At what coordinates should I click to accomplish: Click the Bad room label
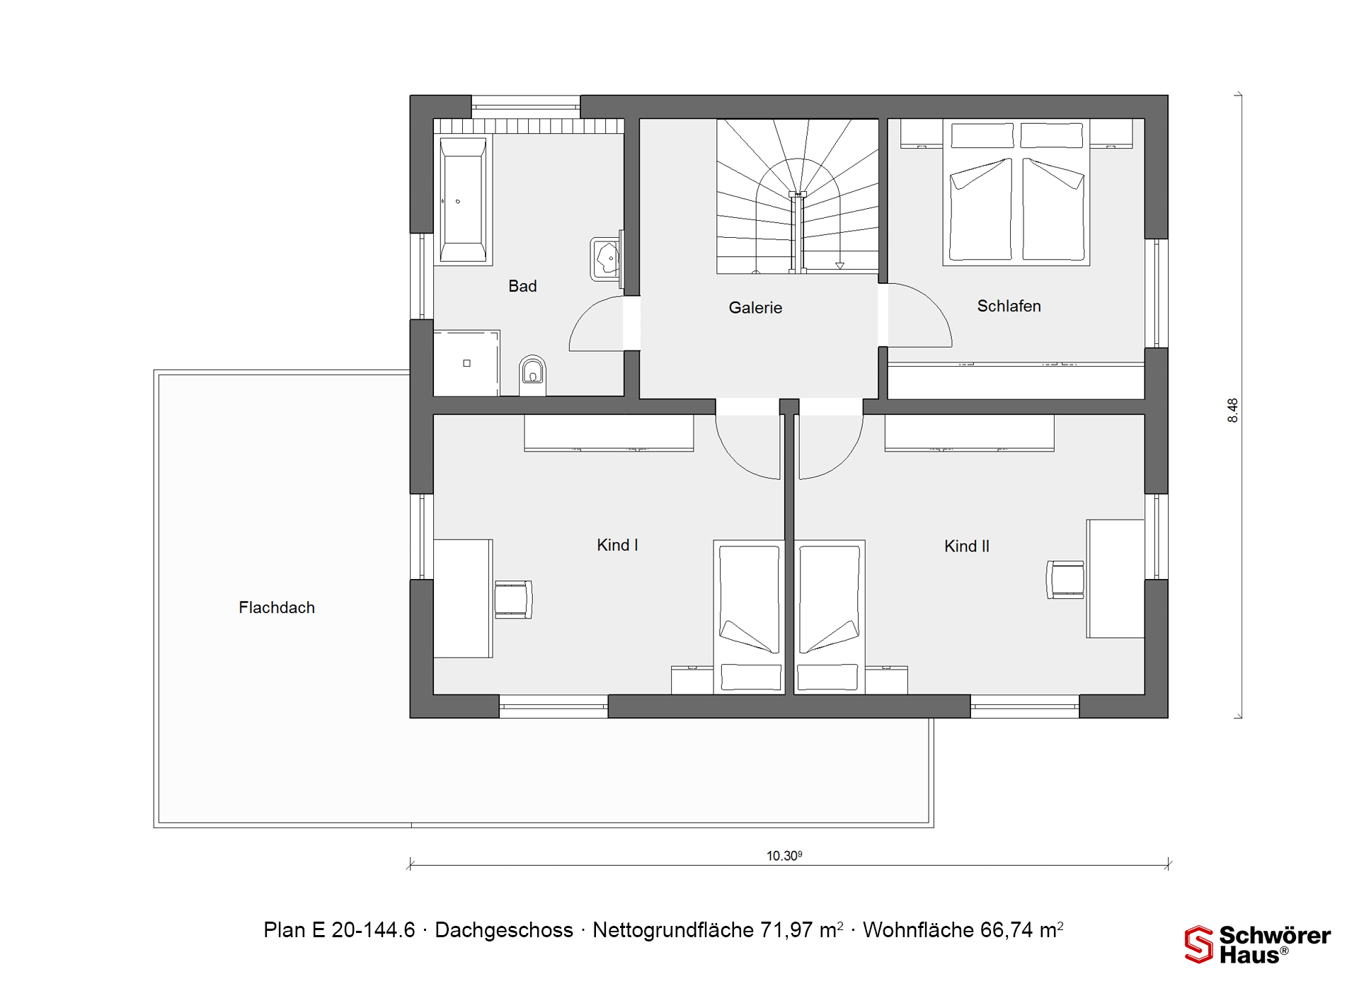tap(522, 286)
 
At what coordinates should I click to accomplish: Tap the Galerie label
tap(755, 307)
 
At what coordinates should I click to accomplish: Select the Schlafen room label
tap(1009, 306)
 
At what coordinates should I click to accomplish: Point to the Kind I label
tap(617, 545)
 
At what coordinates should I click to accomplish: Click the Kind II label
tap(967, 546)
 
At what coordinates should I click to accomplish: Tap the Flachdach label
tap(277, 607)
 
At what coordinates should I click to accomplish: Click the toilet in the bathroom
tap(532, 374)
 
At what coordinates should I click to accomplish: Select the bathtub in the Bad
tap(463, 200)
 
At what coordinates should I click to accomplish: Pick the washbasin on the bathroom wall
tap(606, 258)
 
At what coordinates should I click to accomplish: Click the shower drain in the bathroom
tap(466, 363)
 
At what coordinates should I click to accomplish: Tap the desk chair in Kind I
tap(513, 600)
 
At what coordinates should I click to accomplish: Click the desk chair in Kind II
tap(1065, 580)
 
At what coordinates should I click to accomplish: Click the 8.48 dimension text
tap(1232, 411)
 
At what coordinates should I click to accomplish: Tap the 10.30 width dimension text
tap(784, 855)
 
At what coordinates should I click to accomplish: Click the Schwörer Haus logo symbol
tap(1198, 944)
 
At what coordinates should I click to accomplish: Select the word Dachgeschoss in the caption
tap(504, 929)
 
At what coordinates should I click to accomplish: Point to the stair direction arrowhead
tap(839, 266)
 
